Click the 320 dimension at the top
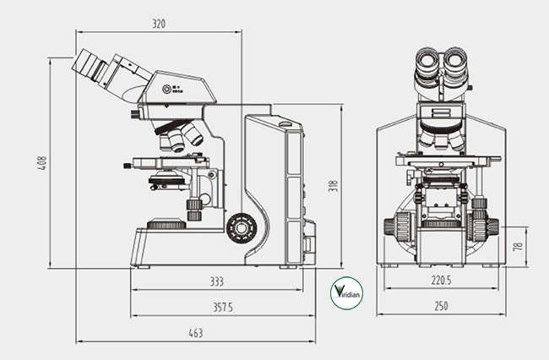click(x=159, y=24)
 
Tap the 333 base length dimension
click(x=217, y=281)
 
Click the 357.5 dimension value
click(x=222, y=306)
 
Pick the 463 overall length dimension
click(x=196, y=333)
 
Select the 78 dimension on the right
click(x=518, y=247)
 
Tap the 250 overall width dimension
click(x=441, y=306)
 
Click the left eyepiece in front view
click(x=425, y=62)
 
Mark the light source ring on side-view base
click(x=166, y=224)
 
